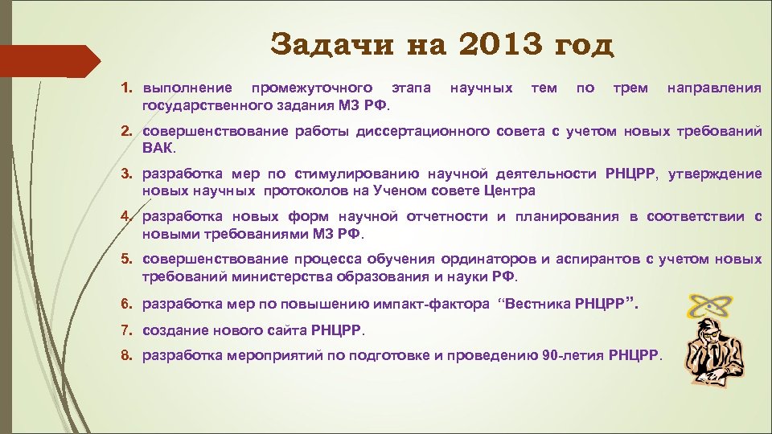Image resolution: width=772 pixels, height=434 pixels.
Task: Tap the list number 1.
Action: pos(125,87)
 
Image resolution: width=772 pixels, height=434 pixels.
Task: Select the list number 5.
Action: pos(125,260)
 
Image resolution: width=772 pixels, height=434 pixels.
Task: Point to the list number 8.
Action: pos(125,354)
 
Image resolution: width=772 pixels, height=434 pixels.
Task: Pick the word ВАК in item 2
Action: pos(158,148)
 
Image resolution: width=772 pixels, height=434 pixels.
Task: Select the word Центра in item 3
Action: pos(508,191)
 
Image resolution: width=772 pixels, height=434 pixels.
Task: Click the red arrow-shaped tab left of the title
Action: pos(48,61)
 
